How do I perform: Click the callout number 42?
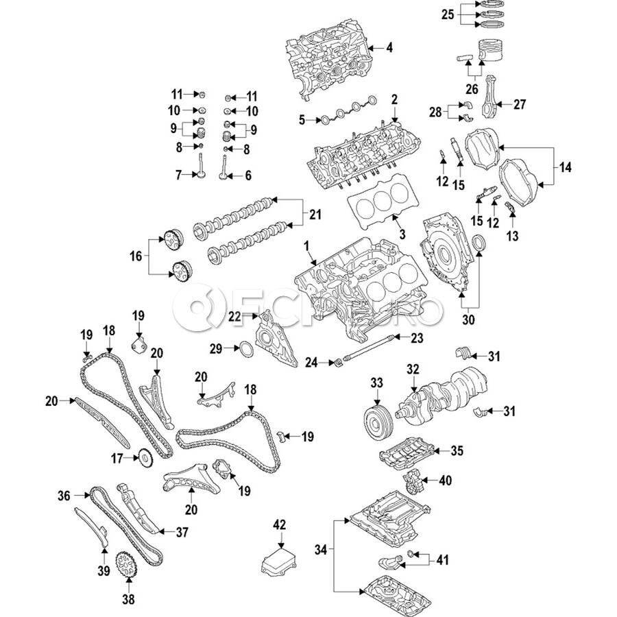pos(280,524)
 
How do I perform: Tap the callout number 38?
pos(128,599)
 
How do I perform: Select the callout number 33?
pos(376,382)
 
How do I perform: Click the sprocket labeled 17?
pos(145,459)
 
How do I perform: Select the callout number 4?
pos(389,47)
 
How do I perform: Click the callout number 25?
pos(448,14)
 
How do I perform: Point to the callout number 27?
pos(520,104)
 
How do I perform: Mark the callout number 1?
pos(306,246)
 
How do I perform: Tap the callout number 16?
pos(136,256)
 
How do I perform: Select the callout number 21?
pos(315,215)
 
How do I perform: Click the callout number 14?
pos(565,168)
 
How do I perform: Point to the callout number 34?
pos(321,549)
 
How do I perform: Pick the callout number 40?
pos(445,480)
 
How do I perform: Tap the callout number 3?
pos(402,234)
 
